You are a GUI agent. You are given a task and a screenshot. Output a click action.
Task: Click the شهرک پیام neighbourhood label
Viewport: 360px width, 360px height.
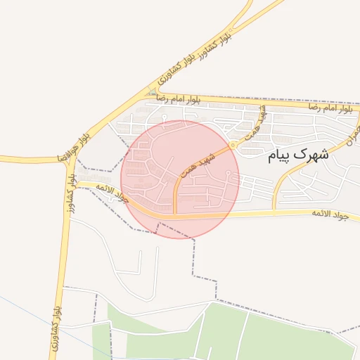point(298,155)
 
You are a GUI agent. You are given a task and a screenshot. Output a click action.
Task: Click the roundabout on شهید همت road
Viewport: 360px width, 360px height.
point(233,145)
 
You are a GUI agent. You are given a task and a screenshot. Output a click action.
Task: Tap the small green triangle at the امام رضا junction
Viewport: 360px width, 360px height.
point(153,92)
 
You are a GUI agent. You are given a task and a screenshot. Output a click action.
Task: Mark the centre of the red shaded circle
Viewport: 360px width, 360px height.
point(180,179)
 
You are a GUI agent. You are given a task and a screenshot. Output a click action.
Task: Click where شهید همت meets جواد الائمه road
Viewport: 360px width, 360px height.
point(174,215)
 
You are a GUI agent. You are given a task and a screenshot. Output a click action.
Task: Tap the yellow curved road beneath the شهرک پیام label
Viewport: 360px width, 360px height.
point(281,179)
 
